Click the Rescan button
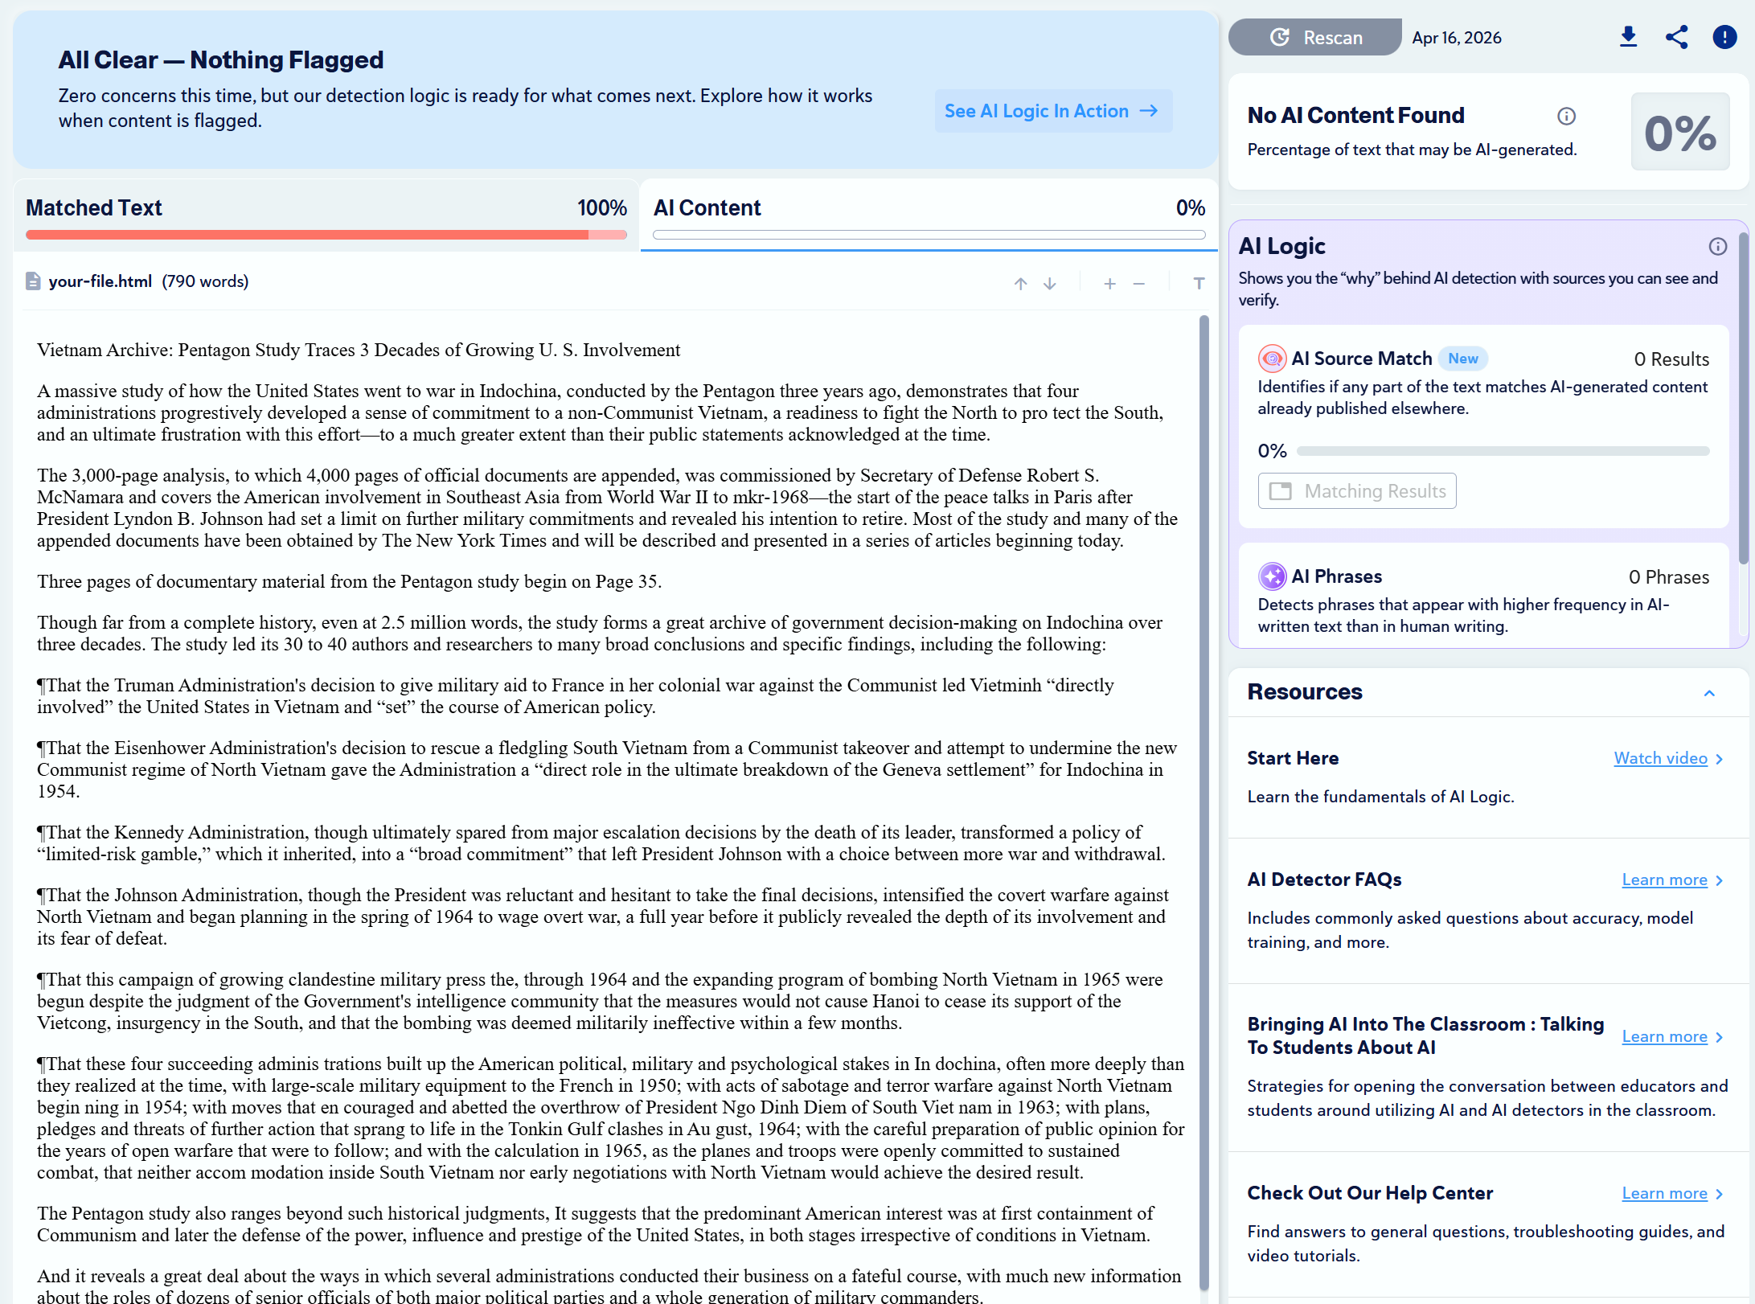1315,38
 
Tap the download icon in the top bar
1628,37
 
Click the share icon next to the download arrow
1676,37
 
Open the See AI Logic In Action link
1052,111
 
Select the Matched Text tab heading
94,208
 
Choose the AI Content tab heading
707,208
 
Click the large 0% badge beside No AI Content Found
1679,132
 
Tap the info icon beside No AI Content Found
1566,117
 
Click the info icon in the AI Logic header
1717,247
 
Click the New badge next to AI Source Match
1463,359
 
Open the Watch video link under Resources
1660,758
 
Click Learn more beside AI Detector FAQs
1664,880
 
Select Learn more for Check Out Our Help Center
1664,1193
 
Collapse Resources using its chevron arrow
1709,693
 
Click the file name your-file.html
100,281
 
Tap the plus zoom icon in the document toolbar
1109,284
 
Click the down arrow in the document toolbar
1049,284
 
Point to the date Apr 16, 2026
1456,38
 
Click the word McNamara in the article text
80,497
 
